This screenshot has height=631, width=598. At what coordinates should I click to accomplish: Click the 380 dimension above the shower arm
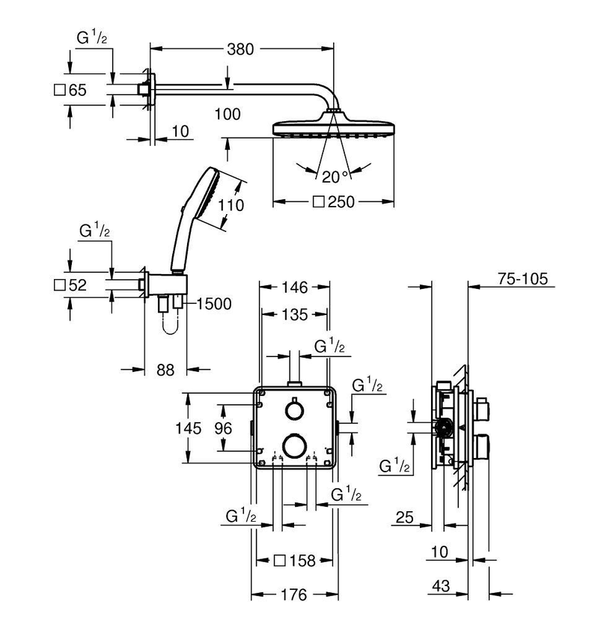240,49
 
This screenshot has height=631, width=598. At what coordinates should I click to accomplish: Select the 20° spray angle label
335,177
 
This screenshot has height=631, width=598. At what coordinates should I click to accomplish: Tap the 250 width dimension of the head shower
334,201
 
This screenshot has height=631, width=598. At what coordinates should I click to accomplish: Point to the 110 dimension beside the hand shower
231,205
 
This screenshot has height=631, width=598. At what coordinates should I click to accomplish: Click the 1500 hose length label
214,304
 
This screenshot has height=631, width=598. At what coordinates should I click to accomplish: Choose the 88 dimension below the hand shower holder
165,370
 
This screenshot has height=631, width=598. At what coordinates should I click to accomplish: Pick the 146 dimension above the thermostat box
295,287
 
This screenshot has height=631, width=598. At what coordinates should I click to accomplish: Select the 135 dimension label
295,314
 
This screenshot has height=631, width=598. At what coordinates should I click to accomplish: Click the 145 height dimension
189,427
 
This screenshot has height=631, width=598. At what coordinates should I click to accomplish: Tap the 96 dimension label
223,428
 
